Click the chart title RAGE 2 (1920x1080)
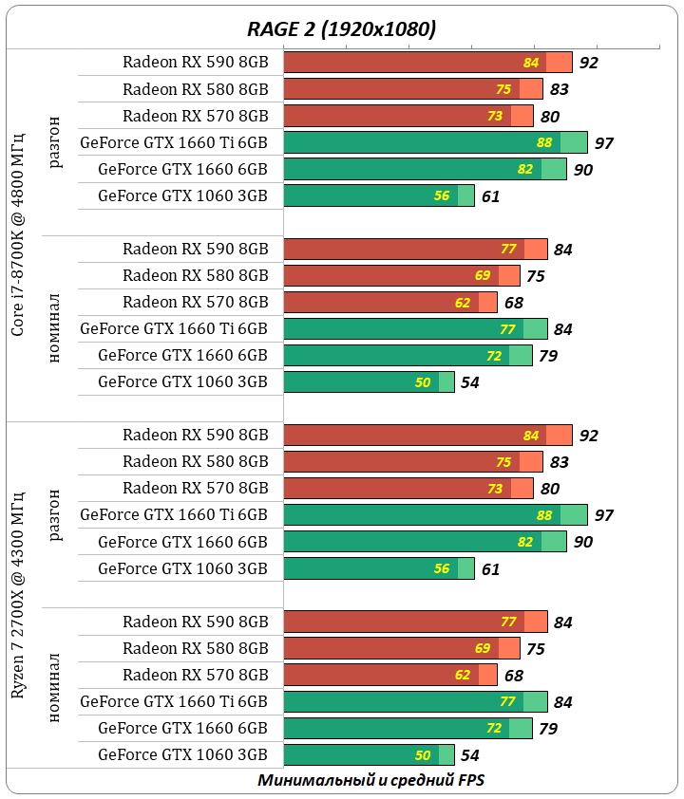[341, 29]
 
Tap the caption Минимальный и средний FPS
[372, 780]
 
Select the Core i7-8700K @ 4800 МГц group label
[18, 235]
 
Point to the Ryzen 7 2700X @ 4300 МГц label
[18, 608]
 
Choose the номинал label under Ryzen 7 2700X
[55, 688]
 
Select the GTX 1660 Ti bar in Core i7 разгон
[435, 142]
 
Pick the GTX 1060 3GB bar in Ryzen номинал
[369, 755]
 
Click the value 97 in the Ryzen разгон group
[603, 515]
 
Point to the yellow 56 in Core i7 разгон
[442, 196]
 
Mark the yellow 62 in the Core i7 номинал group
[463, 303]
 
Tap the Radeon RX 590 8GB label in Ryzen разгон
[195, 435]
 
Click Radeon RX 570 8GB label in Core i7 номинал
[195, 302]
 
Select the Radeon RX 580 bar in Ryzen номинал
[402, 649]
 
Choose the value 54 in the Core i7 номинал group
[469, 382]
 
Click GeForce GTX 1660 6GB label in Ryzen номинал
[182, 728]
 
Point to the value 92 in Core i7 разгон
[589, 63]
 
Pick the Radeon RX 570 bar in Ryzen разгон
[408, 489]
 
